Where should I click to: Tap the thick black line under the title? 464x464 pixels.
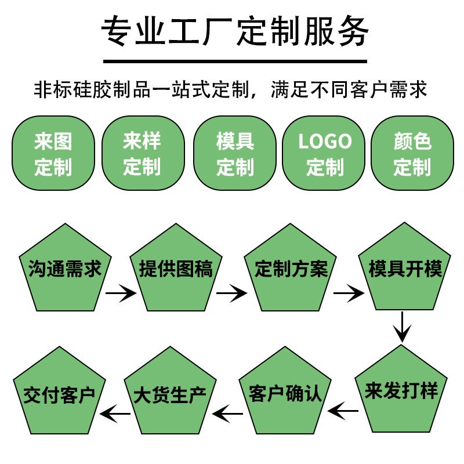(x=235, y=60)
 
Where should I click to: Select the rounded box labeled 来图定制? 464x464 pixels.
(x=53, y=153)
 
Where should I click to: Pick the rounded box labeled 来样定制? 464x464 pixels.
(x=143, y=153)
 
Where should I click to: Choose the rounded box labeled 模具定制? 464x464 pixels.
(x=235, y=153)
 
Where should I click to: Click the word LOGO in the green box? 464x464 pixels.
(x=325, y=142)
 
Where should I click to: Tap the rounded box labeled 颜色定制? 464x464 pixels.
(x=412, y=153)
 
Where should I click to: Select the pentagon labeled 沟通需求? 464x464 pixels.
(x=64, y=270)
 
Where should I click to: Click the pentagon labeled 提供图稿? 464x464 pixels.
(x=176, y=270)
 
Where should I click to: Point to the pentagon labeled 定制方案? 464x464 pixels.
(x=291, y=270)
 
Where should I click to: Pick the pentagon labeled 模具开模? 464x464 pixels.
(x=405, y=270)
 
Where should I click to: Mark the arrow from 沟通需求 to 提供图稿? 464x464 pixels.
(x=121, y=293)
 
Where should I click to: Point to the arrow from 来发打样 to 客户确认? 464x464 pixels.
(x=343, y=411)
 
